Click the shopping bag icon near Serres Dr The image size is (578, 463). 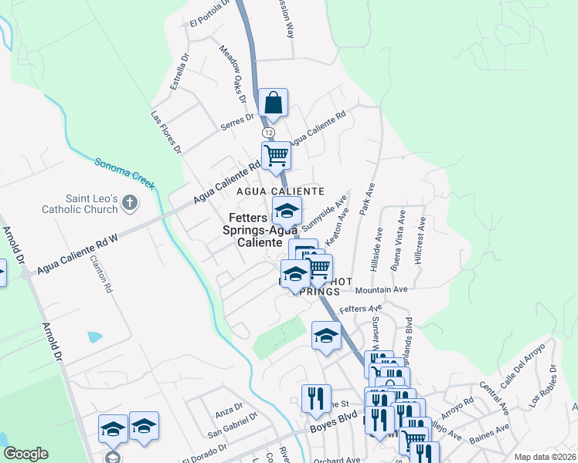[x=274, y=103]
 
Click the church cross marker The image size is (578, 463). [x=130, y=204]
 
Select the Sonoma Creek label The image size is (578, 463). [x=125, y=174]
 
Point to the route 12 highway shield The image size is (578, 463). [x=268, y=133]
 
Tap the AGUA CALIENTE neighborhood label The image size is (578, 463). [x=279, y=191]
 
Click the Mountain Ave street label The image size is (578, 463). [x=381, y=290]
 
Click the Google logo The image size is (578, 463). [x=25, y=454]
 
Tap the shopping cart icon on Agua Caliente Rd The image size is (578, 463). [x=276, y=157]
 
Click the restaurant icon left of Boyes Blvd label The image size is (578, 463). [x=316, y=399]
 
